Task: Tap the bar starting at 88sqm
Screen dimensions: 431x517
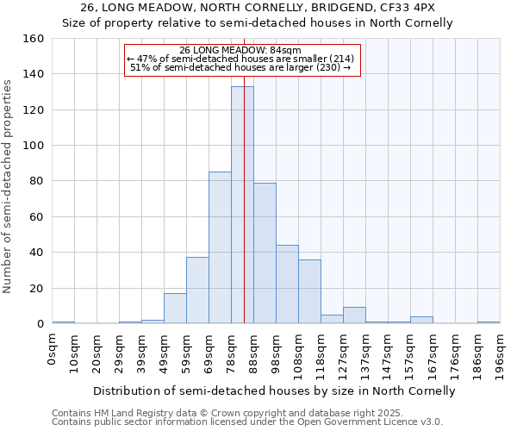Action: coord(265,253)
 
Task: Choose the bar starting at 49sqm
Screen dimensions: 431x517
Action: coord(175,309)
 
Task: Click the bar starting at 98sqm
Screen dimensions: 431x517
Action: coord(287,284)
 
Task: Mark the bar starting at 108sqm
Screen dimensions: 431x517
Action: coord(309,292)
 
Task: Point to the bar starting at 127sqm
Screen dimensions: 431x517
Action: coord(354,315)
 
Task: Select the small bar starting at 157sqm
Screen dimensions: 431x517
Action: coord(421,321)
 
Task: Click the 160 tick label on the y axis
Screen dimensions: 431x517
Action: coord(33,39)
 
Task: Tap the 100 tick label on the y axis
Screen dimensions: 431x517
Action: coord(33,146)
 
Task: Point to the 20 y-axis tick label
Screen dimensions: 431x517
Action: coord(36,289)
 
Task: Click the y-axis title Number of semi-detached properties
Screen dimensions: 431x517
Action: coord(9,182)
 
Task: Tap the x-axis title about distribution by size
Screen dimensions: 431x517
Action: coord(273,390)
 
